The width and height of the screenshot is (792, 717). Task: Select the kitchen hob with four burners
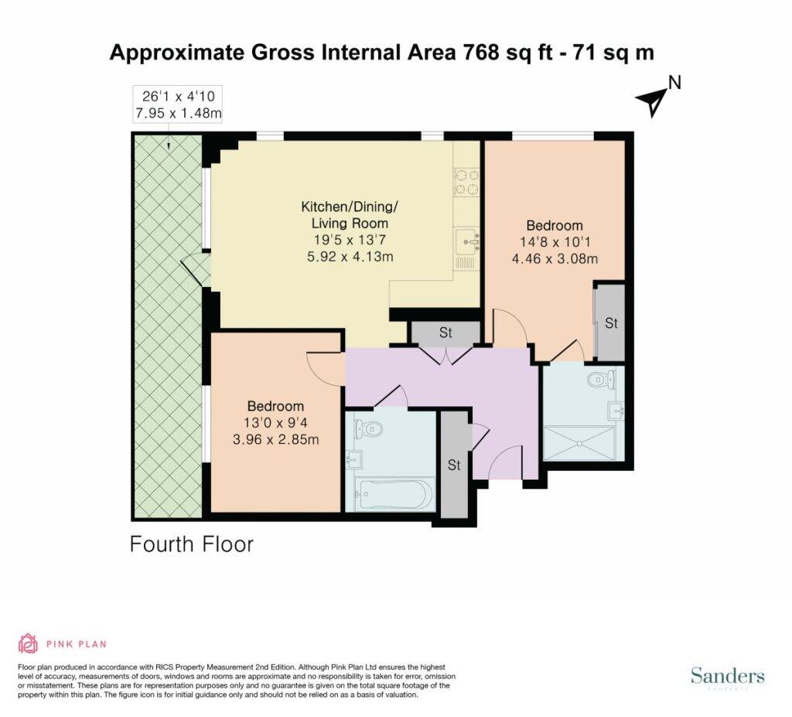click(x=466, y=183)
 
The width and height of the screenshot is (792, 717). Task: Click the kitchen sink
click(x=466, y=243)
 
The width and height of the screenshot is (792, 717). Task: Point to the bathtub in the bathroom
click(x=394, y=495)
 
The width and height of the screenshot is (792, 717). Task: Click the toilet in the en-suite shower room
click(x=602, y=378)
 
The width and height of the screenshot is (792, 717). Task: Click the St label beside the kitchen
click(x=445, y=333)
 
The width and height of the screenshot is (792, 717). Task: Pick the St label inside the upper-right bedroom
click(x=611, y=323)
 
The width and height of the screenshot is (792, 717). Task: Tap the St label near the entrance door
click(x=453, y=464)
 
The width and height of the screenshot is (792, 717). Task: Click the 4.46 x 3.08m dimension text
click(x=555, y=259)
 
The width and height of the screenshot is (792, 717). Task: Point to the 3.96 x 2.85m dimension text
click(x=276, y=439)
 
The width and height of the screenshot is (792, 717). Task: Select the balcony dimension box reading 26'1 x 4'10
click(x=177, y=104)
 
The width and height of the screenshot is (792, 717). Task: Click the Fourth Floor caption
click(x=192, y=545)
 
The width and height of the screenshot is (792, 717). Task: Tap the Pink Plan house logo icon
click(x=29, y=644)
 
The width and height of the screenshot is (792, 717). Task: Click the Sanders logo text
click(x=727, y=675)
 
